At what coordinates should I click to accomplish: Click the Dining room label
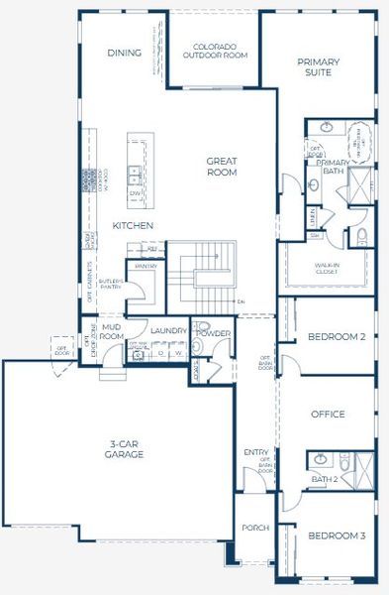125,53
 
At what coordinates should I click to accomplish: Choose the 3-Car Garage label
125,449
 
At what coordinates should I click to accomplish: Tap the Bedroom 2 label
337,337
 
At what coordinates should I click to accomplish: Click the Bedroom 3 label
337,535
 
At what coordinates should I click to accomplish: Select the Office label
328,415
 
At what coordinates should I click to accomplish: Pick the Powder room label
213,334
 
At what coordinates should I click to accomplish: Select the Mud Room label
112,332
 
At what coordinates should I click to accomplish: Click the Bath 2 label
324,480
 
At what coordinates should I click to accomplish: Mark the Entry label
254,452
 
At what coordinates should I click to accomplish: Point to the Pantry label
146,266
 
